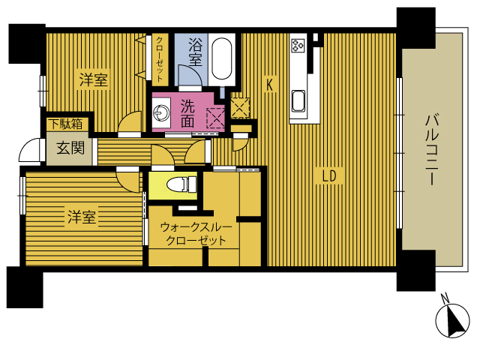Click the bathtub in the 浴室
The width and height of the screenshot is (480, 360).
click(222, 58)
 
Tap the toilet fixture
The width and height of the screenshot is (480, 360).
click(181, 184)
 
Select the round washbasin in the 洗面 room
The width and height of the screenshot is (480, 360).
click(161, 112)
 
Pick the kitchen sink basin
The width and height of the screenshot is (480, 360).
click(298, 101)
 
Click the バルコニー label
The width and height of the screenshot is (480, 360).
click(432, 150)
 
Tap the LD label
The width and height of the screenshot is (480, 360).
click(329, 176)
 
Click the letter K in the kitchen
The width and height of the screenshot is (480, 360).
click(269, 85)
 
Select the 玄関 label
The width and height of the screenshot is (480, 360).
click(70, 148)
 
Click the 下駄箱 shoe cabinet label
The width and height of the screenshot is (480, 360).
click(67, 124)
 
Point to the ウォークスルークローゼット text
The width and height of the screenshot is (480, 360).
click(196, 233)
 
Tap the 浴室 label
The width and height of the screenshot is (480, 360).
click(195, 52)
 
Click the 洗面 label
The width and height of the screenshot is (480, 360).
click(187, 113)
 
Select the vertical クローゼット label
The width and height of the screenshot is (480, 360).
click(160, 59)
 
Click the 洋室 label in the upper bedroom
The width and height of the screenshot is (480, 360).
click(93, 79)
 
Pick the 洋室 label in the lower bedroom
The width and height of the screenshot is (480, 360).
click(82, 217)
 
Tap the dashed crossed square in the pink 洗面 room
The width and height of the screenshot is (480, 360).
click(216, 118)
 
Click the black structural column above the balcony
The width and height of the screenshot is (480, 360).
click(416, 28)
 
